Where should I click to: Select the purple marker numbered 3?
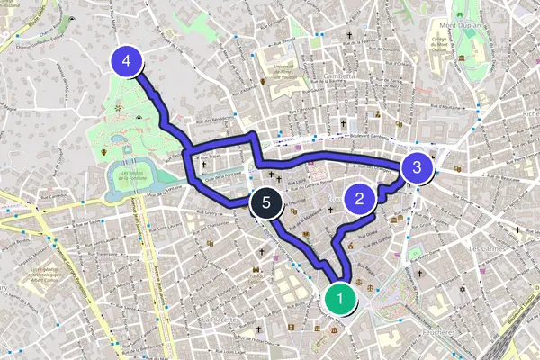(x=416, y=167)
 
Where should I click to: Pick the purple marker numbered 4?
(x=127, y=62)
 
